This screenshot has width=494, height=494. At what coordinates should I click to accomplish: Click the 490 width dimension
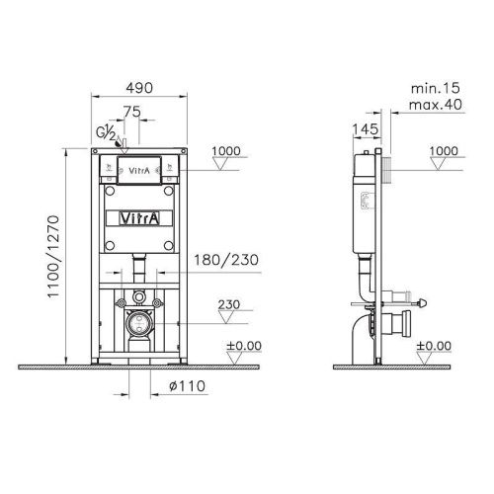coord(139,88)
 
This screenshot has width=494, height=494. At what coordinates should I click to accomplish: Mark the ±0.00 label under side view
coord(434,346)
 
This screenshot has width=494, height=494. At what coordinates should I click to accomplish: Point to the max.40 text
coord(431,104)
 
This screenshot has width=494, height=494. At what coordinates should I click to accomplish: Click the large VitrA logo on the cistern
coord(139,216)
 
